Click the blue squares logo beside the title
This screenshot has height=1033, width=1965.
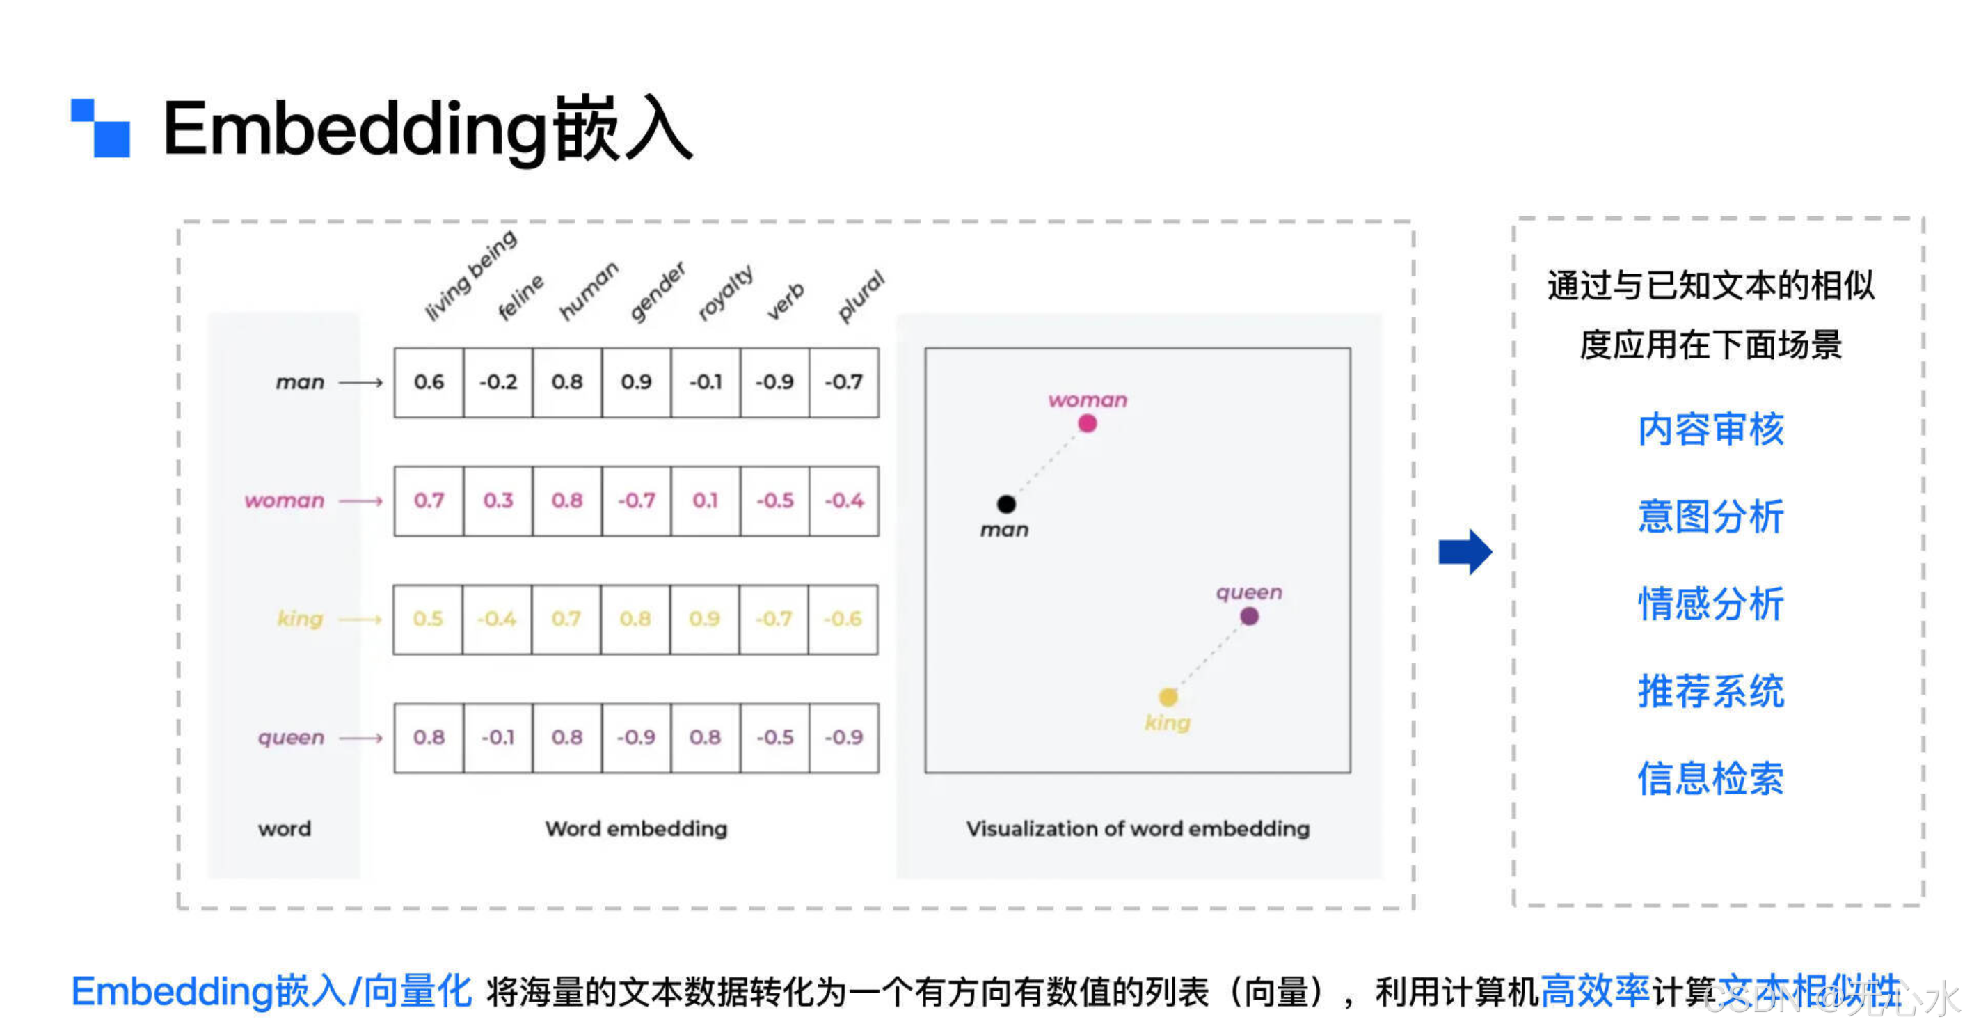[x=101, y=127]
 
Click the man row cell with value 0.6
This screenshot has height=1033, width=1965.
[x=429, y=382]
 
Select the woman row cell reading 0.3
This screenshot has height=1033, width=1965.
[x=498, y=500]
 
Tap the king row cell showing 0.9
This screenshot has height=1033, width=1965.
[x=704, y=619]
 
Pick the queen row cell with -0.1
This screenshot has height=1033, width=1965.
[x=498, y=738]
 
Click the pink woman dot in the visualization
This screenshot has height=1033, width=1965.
[x=1087, y=423]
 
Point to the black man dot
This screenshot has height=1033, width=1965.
[x=1006, y=503]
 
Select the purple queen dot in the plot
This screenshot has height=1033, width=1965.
[x=1249, y=617]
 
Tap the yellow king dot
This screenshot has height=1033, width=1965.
[x=1168, y=697]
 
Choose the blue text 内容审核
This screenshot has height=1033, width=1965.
[x=1711, y=429]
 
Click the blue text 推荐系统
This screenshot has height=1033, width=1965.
[x=1711, y=692]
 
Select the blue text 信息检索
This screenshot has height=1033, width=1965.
[x=1711, y=779]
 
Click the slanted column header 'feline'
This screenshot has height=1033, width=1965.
[x=521, y=297]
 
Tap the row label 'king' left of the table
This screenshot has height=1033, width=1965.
[x=300, y=619]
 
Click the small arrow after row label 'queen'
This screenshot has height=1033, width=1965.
[x=361, y=738]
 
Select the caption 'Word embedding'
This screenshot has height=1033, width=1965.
[x=636, y=828]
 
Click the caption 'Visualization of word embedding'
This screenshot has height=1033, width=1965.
[x=1138, y=828]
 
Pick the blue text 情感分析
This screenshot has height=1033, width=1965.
[x=1711, y=604]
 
